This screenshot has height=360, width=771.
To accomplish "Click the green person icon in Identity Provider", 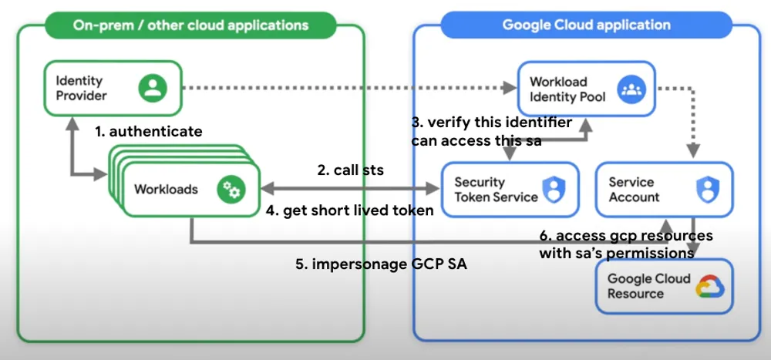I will pyautogui.click(x=153, y=88).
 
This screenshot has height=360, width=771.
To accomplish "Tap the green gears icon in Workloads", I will pyautogui.click(x=230, y=189).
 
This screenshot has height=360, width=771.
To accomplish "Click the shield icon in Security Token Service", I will pyautogui.click(x=553, y=189).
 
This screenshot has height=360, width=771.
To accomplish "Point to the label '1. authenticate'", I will pyautogui.click(x=149, y=132).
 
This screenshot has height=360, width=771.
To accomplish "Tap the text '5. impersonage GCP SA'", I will pyautogui.click(x=382, y=264).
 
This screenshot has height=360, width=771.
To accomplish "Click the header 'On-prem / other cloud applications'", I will pyautogui.click(x=190, y=25).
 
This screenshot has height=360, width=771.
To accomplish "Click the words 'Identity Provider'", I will pyautogui.click(x=81, y=88).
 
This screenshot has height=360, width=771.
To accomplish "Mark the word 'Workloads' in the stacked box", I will pyautogui.click(x=166, y=189).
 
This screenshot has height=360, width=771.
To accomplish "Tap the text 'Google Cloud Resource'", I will pyautogui.click(x=648, y=286).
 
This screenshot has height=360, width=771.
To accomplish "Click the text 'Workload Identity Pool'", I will pyautogui.click(x=567, y=89).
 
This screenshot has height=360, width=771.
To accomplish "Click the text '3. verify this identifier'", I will pyautogui.click(x=491, y=123).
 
